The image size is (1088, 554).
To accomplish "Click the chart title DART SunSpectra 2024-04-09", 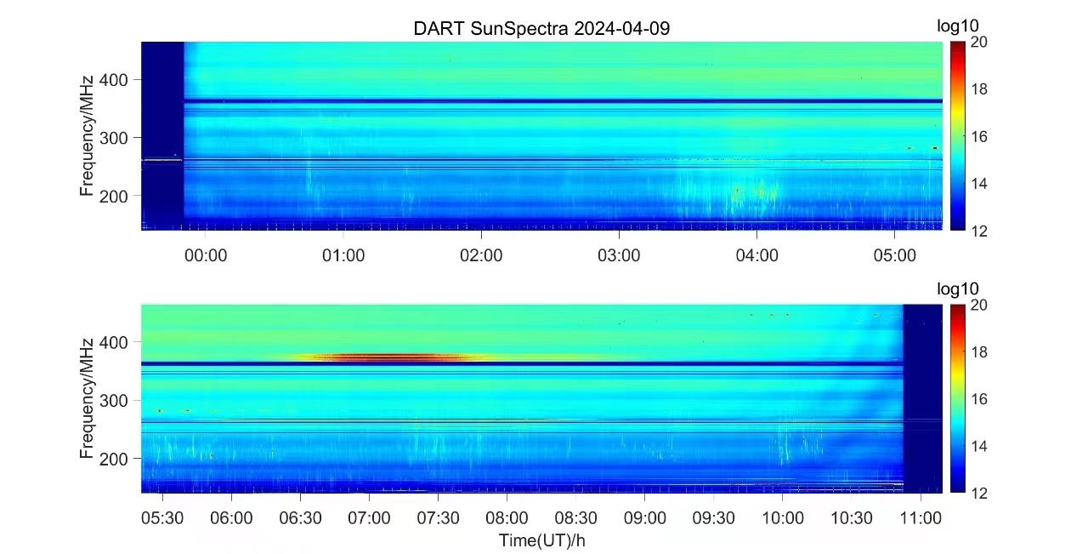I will pyautogui.click(x=541, y=28).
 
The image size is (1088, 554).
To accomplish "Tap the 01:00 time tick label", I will pyautogui.click(x=343, y=254).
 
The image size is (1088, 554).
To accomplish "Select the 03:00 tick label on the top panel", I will pyautogui.click(x=619, y=254).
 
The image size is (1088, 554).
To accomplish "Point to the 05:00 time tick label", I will pyautogui.click(x=894, y=254).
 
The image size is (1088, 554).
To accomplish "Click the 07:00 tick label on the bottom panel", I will pyautogui.click(x=369, y=517).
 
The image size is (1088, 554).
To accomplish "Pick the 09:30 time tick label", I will pyautogui.click(x=714, y=517).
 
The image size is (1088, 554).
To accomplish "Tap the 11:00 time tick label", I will pyautogui.click(x=921, y=517).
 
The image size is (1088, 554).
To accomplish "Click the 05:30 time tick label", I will pyautogui.click(x=161, y=517).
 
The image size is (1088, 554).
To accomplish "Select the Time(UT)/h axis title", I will pyautogui.click(x=541, y=540).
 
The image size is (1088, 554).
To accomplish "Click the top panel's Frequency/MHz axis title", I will pyautogui.click(x=87, y=135).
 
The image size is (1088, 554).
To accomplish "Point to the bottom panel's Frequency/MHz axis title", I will pyautogui.click(x=87, y=398).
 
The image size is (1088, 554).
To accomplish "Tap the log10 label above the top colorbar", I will pyautogui.click(x=958, y=26).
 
